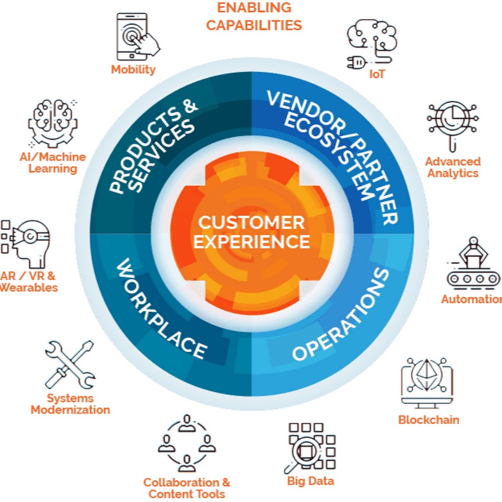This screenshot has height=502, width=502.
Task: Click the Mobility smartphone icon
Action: (134, 36)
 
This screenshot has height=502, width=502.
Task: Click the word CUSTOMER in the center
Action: (252, 223)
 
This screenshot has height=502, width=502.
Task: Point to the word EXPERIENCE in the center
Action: (252, 242)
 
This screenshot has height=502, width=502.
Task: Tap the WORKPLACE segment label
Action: (161, 310)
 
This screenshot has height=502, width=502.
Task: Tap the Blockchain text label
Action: (428, 419)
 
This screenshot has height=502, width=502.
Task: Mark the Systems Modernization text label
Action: (70, 404)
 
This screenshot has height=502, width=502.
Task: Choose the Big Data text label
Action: (311, 480)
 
